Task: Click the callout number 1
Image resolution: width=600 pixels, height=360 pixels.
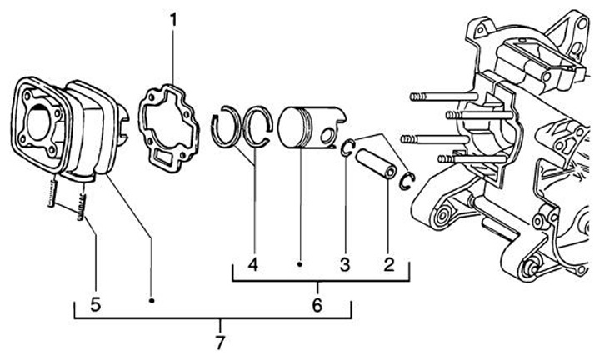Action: (173, 17)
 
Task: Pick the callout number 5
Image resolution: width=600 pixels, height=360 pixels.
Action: (96, 304)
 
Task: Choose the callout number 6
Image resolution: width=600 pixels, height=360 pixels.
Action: (317, 304)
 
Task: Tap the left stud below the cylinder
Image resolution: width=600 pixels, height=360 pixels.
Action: (52, 196)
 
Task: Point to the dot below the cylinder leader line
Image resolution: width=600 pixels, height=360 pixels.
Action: (152, 300)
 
